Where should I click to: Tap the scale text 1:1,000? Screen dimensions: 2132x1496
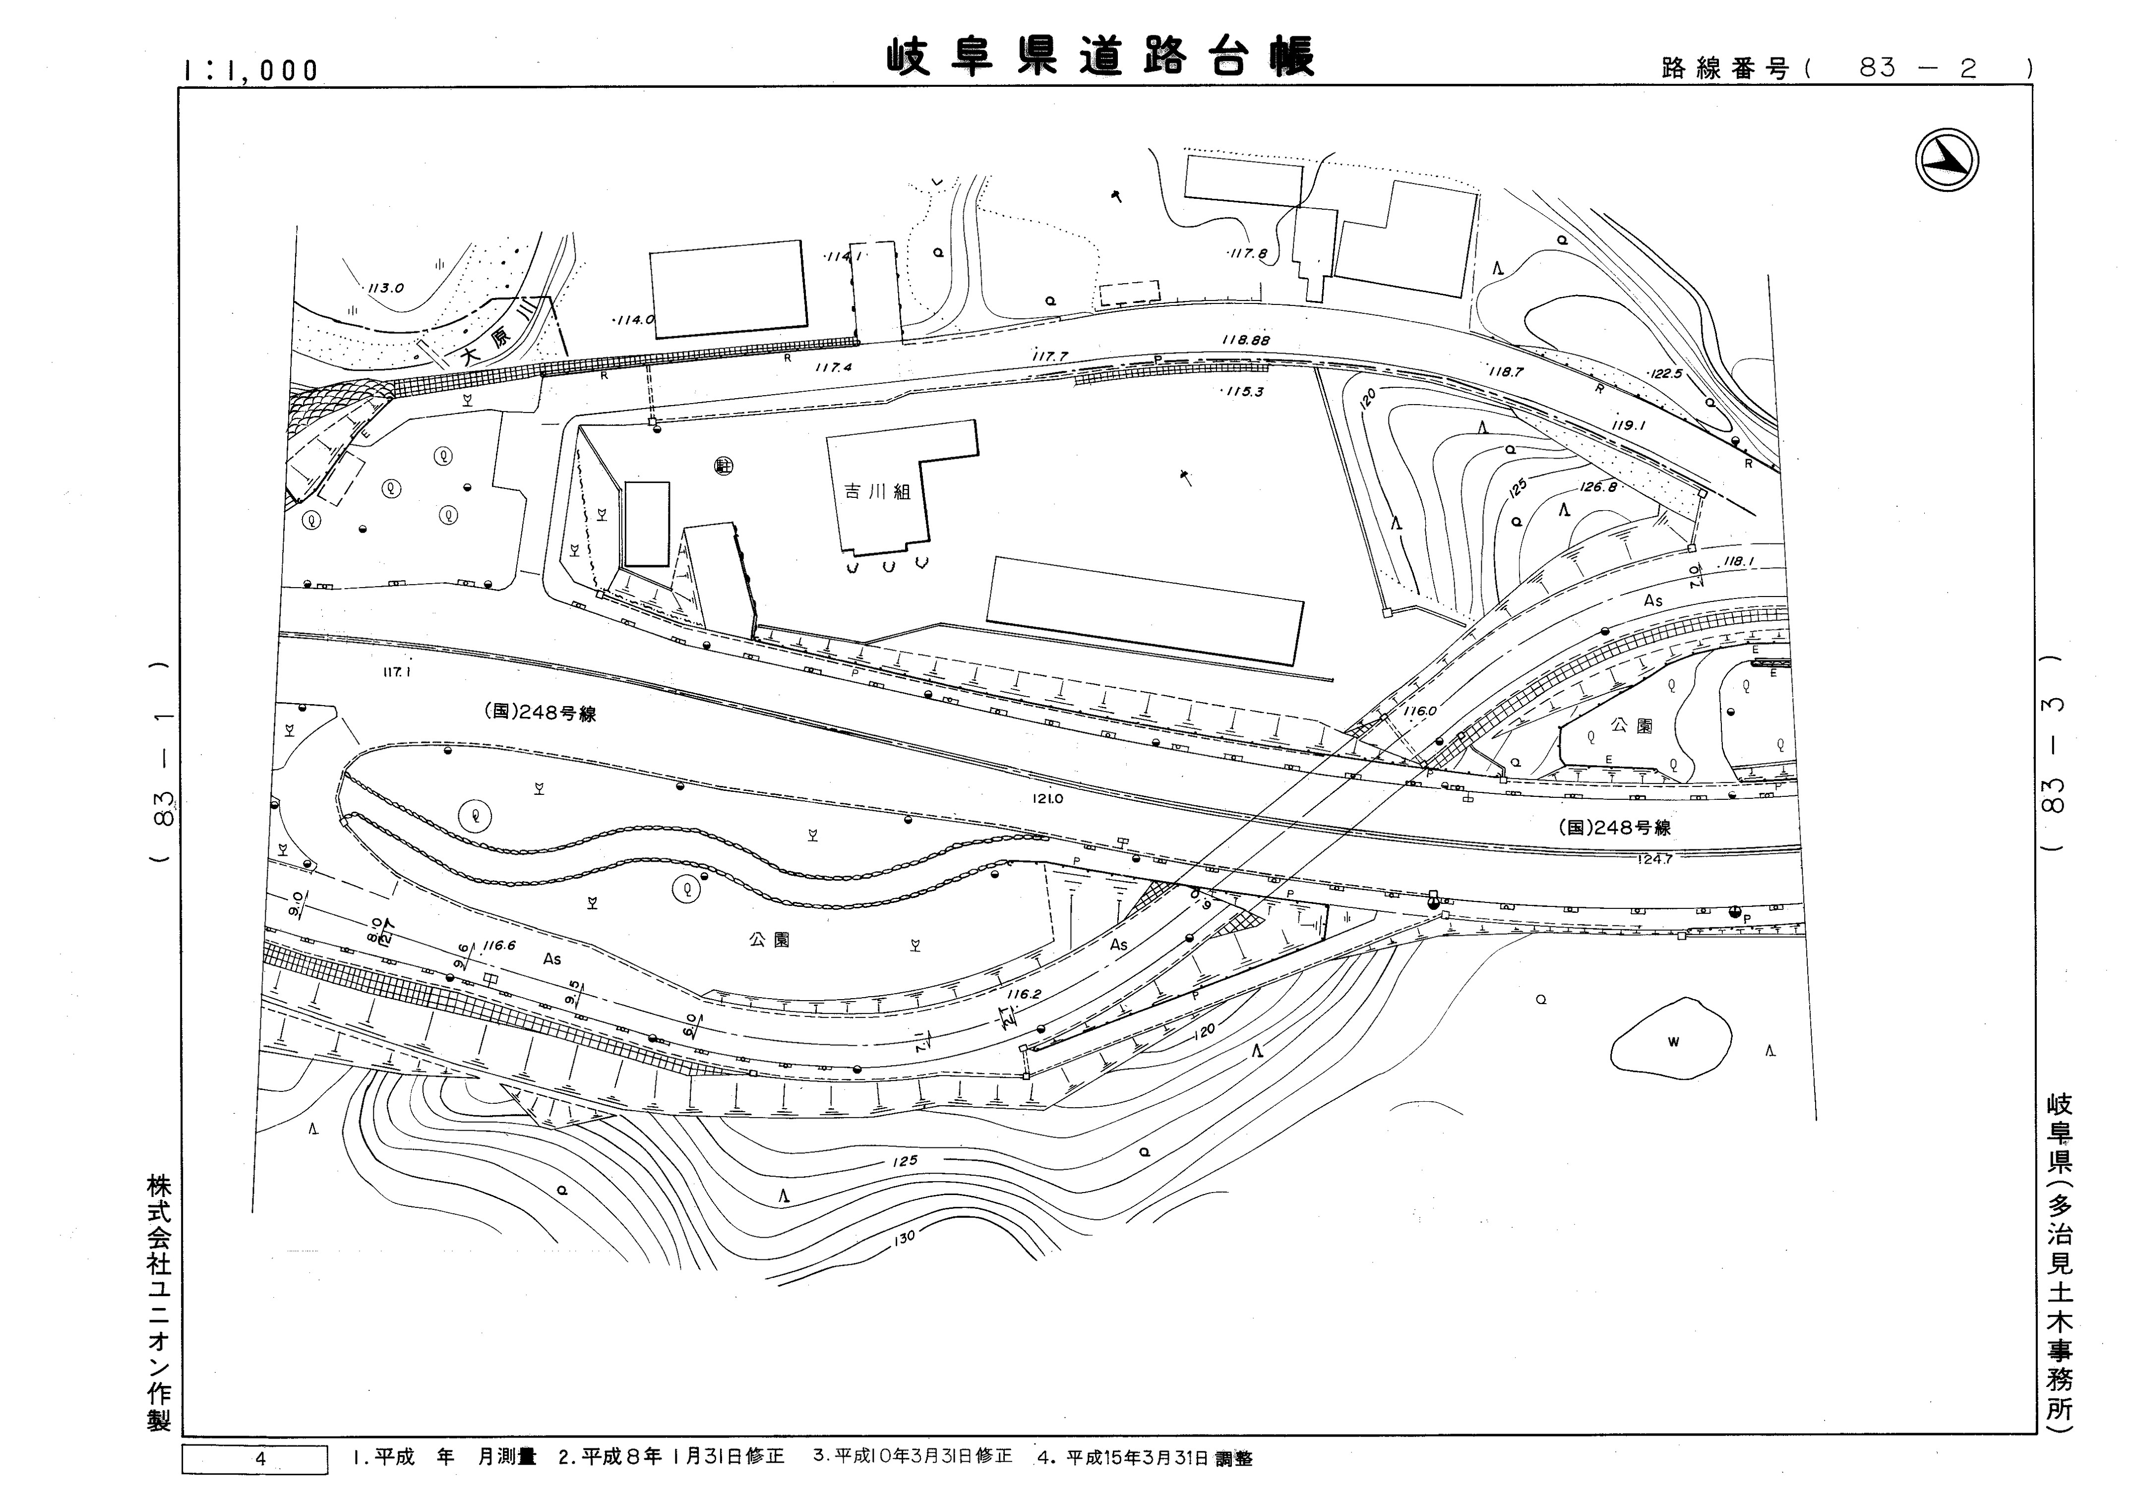(x=251, y=70)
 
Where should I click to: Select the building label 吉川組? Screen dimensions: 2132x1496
(x=877, y=491)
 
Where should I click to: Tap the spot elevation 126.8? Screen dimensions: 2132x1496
(x=1598, y=486)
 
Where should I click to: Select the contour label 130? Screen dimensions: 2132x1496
(x=904, y=1236)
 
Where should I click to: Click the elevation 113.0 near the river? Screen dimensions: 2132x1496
(x=385, y=288)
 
